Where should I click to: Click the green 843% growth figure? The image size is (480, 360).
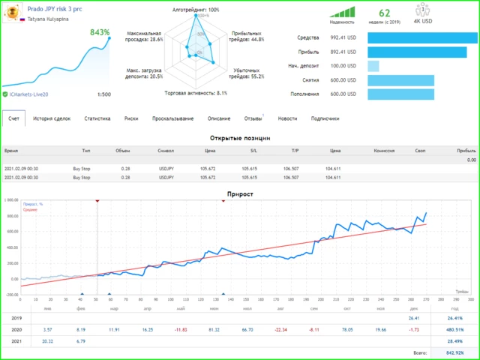[x=100, y=33]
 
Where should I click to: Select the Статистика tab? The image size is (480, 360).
[x=97, y=118]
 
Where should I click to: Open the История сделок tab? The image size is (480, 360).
[x=52, y=118]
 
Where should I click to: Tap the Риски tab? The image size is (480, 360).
[x=131, y=118]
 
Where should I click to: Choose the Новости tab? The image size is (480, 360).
[x=287, y=118]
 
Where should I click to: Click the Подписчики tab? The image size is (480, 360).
[x=325, y=118]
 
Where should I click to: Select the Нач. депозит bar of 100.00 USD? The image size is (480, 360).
[x=373, y=66]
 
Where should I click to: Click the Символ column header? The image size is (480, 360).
[x=166, y=151]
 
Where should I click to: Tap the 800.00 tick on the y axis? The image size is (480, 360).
[x=12, y=217]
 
